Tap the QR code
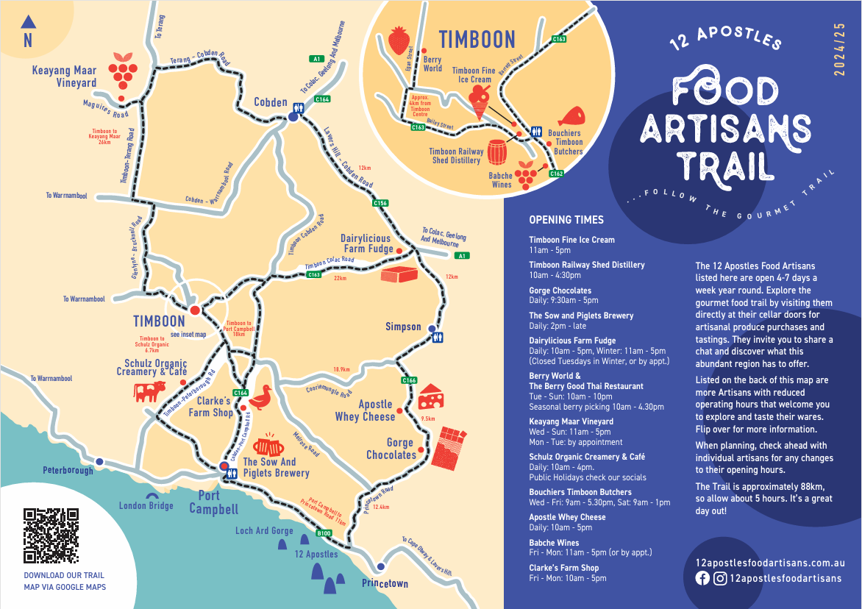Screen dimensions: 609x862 point(51,535)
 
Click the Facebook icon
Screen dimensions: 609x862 point(702,578)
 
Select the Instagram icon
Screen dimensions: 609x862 point(720,578)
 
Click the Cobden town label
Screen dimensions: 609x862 point(270,102)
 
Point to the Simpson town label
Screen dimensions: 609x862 point(403,327)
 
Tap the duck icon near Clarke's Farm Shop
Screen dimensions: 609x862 point(260,399)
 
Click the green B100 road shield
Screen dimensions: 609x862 point(324,533)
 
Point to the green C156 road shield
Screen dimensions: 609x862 point(380,203)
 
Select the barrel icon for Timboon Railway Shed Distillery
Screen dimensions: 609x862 point(498,152)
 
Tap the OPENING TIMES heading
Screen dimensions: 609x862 point(566,220)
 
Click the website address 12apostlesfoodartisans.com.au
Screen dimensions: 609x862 point(769,563)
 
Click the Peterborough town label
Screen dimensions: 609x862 point(68,470)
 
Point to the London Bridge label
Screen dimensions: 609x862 point(146,505)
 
